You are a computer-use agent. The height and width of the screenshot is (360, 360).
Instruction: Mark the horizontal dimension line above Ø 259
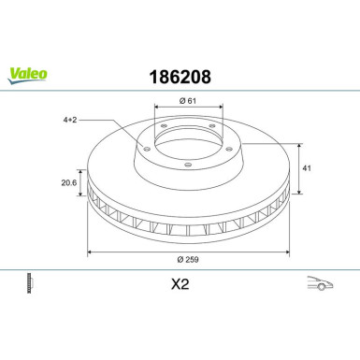coord(187,252)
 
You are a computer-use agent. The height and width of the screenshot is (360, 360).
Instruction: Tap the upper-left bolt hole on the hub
coord(161,129)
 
